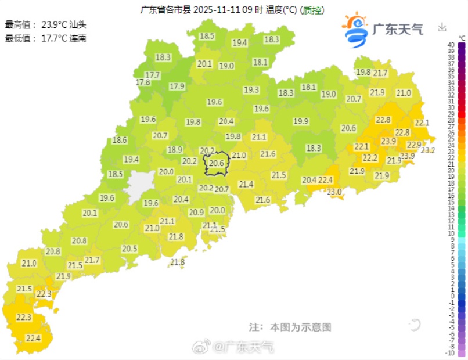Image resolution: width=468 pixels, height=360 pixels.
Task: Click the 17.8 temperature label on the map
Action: (143, 83)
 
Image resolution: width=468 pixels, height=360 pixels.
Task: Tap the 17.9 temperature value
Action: (177, 87)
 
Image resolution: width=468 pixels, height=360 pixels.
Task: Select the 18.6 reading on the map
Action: (120, 140)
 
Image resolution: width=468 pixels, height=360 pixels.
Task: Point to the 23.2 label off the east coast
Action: (427, 150)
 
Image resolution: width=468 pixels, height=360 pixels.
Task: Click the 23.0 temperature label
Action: (334, 192)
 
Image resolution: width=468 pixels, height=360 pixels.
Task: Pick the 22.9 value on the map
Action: (413, 145)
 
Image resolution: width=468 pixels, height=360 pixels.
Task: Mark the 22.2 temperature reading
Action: (370, 158)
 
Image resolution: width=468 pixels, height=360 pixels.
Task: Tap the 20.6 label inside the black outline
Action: (217, 164)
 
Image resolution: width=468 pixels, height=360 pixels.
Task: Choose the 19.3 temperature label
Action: (251, 90)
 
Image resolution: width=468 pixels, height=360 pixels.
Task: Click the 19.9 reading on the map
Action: (301, 121)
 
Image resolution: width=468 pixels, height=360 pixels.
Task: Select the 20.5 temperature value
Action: (129, 249)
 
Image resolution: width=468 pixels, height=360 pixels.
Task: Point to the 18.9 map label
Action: (175, 150)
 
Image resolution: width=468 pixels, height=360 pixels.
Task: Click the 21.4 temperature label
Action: (246, 185)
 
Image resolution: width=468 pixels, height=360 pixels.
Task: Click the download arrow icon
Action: (442, 27)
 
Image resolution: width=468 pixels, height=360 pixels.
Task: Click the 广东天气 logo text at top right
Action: (397, 28)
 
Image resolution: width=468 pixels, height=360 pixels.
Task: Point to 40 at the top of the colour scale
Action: (451, 45)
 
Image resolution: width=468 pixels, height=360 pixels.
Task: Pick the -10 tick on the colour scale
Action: (450, 353)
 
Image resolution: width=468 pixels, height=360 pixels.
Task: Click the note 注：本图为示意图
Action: (290, 327)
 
